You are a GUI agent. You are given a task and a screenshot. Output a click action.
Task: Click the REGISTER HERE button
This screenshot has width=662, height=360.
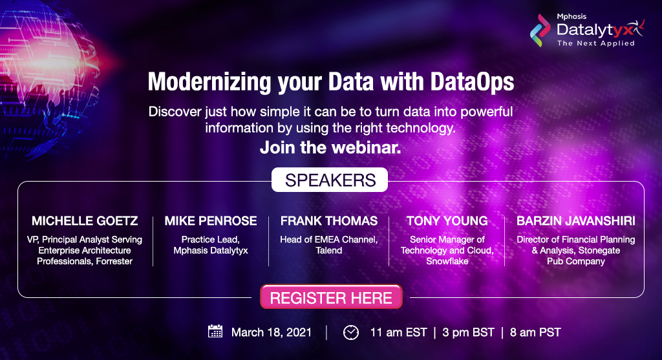tap(331, 297)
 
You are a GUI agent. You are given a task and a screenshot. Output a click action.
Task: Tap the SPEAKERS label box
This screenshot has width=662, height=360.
tap(330, 180)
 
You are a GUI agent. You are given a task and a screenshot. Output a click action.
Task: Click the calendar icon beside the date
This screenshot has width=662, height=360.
tap(215, 332)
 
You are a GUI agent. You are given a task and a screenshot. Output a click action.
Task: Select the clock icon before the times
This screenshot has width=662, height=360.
tap(351, 333)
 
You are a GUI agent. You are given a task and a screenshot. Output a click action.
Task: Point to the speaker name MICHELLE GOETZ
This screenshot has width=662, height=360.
tap(85, 221)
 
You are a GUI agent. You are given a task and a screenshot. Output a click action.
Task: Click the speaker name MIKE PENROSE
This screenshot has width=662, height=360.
tap(211, 221)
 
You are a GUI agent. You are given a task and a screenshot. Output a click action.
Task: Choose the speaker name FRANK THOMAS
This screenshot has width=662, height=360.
tap(329, 221)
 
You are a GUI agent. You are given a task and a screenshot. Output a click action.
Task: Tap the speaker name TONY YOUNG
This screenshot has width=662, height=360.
tap(447, 221)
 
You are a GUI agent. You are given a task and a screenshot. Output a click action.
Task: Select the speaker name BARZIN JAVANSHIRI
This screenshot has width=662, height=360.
tap(576, 221)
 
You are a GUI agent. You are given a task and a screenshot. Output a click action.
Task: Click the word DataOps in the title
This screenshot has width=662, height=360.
tap(473, 81)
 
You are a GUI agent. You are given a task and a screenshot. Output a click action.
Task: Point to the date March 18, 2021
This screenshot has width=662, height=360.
tap(272, 333)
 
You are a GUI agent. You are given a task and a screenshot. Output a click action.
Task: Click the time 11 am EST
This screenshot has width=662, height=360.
tap(398, 333)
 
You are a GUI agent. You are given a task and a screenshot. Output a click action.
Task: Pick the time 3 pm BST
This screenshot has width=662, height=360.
tap(468, 333)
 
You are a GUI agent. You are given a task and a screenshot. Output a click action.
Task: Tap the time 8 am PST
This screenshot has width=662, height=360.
tap(535, 333)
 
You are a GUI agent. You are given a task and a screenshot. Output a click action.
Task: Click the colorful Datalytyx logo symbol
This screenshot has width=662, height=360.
tap(540, 30)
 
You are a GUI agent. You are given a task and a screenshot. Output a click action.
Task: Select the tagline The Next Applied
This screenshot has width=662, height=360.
tap(595, 43)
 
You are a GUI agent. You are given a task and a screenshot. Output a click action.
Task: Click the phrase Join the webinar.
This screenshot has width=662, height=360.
tap(330, 148)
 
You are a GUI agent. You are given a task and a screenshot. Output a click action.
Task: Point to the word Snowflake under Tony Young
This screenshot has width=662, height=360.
tap(447, 261)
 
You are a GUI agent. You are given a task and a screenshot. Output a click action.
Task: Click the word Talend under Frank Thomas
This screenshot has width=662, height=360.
tap(329, 250)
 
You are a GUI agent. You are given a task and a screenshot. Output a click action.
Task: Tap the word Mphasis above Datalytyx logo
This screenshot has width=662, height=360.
tap(571, 16)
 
